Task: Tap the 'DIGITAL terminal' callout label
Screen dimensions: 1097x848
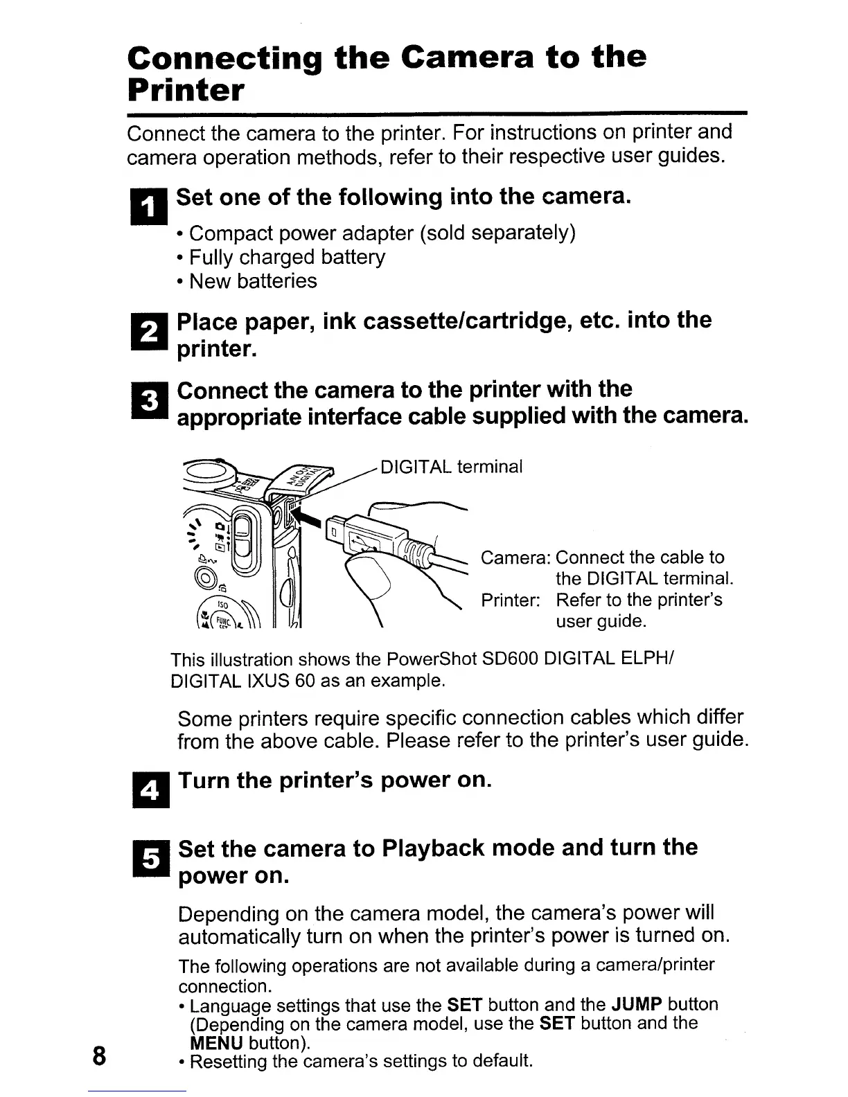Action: [x=452, y=466]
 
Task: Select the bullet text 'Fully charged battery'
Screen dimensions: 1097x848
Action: [x=287, y=257]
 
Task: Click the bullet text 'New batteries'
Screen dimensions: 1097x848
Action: [x=253, y=281]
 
